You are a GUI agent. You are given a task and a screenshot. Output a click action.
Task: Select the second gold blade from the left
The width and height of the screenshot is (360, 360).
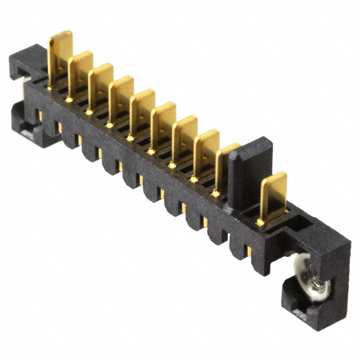click(x=80, y=70)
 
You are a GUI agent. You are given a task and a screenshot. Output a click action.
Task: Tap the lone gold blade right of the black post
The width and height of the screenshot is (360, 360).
click(x=273, y=193)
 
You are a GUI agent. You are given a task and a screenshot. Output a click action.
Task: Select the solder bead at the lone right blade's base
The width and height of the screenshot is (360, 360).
click(x=260, y=223)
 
